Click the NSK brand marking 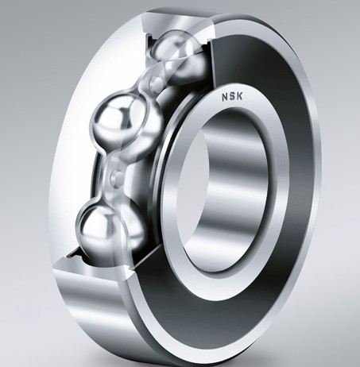(x=232, y=97)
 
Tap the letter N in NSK (x=225, y=98)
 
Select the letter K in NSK (x=239, y=96)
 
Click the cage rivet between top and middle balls (x=157, y=81)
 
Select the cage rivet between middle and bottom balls (x=117, y=176)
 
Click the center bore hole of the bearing (x=224, y=191)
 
